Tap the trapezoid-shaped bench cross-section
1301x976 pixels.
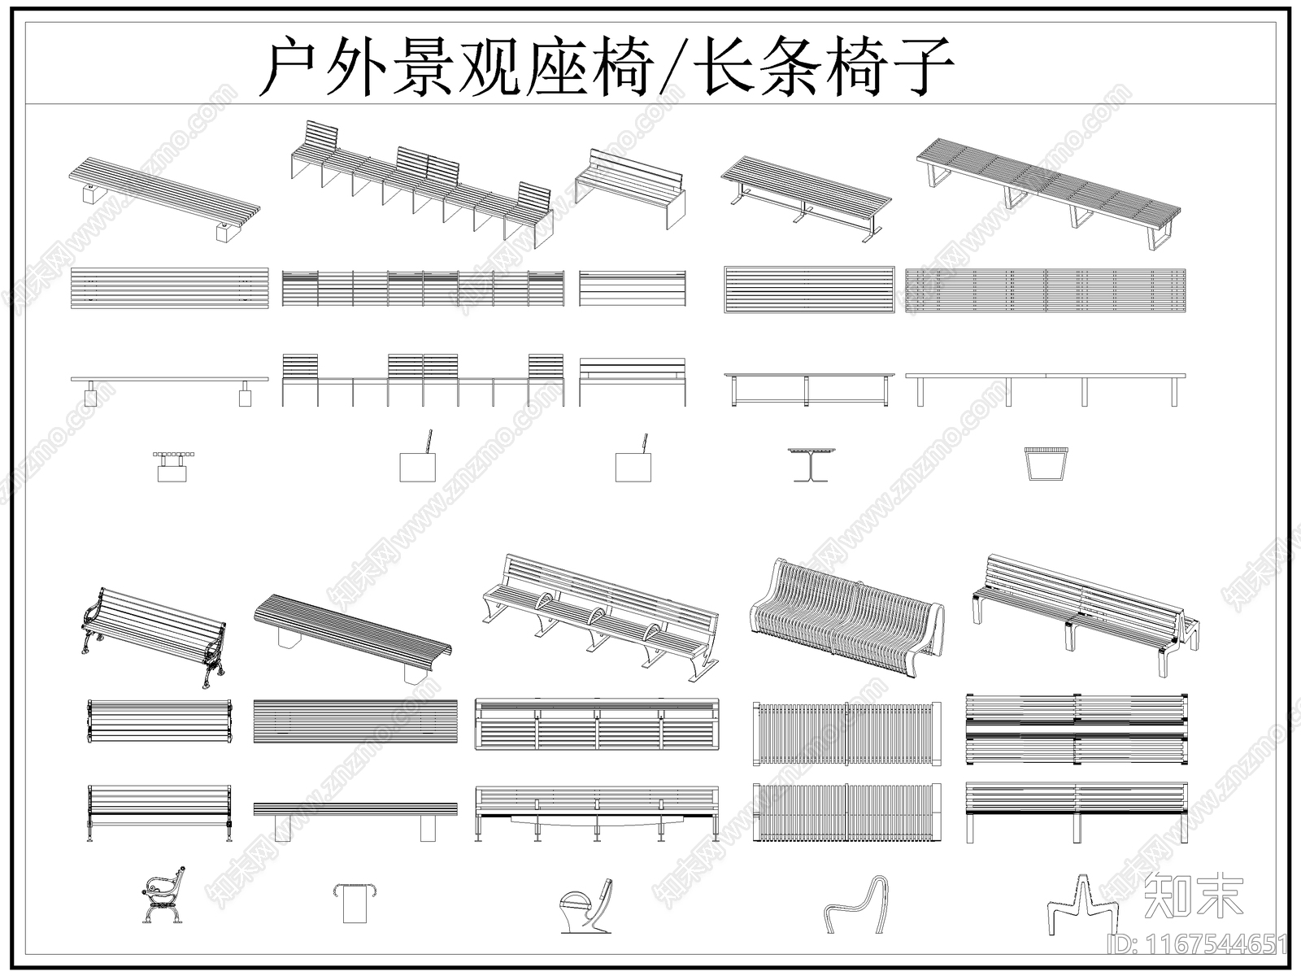(x=1045, y=464)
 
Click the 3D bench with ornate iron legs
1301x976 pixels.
(x=154, y=634)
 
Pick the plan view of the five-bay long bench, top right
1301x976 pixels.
(x=1045, y=290)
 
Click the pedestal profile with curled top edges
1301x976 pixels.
(x=355, y=903)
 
